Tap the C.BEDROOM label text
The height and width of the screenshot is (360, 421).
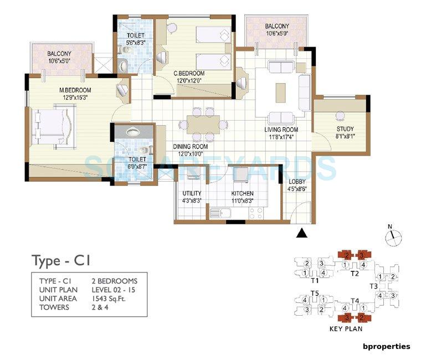pyautogui.click(x=189, y=73)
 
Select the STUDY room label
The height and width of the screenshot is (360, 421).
pyautogui.click(x=345, y=128)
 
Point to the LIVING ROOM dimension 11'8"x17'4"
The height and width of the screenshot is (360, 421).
pyautogui.click(x=280, y=136)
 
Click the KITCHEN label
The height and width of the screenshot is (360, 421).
pyautogui.click(x=243, y=193)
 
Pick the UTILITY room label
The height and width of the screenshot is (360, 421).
pyautogui.click(x=191, y=193)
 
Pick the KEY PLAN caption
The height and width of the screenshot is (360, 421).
pyautogui.click(x=345, y=328)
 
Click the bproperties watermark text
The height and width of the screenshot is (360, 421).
pyautogui.click(x=386, y=346)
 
